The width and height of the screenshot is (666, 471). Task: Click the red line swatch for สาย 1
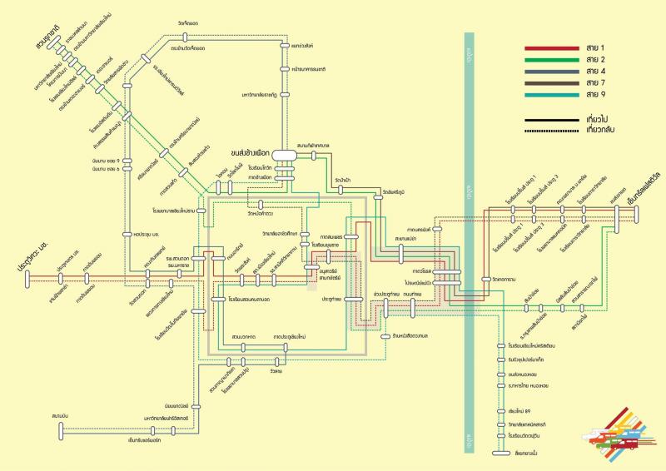[550, 49]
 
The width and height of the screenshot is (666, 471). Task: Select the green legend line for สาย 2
[550, 61]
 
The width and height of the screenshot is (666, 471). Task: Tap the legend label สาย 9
[594, 96]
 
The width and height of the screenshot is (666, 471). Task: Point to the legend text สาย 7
[594, 84]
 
